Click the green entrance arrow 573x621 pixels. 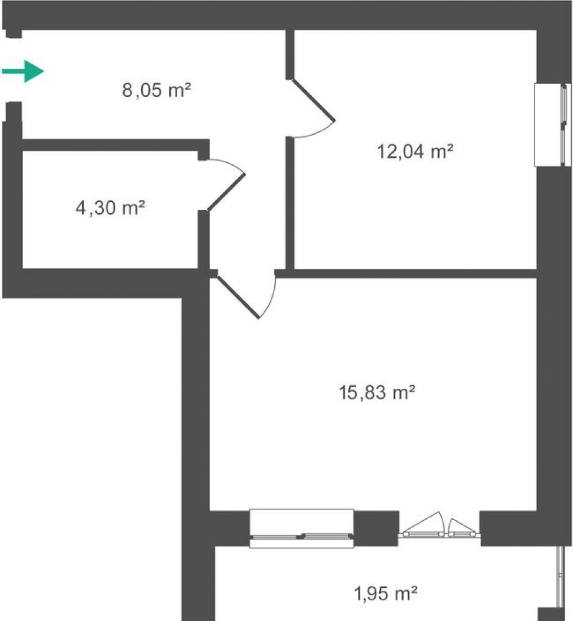pos(23,71)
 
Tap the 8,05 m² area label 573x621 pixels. pos(157,90)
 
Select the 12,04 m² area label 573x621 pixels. pos(415,151)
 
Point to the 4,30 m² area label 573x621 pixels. pos(110,208)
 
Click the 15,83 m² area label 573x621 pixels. pos(377,392)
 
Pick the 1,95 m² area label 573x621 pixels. pos(385,593)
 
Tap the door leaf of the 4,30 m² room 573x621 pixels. pos(226,192)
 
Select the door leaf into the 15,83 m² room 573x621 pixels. pos(238,297)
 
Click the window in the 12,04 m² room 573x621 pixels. pos(553,125)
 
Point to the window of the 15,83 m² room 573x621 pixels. pos(302,529)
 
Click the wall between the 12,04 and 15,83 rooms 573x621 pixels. pos(406,274)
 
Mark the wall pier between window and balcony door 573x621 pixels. pos(376,528)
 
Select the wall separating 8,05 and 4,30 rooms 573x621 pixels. pos(115,145)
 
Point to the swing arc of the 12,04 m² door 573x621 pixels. pos(319,132)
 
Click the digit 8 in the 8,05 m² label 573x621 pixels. pos(127,90)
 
